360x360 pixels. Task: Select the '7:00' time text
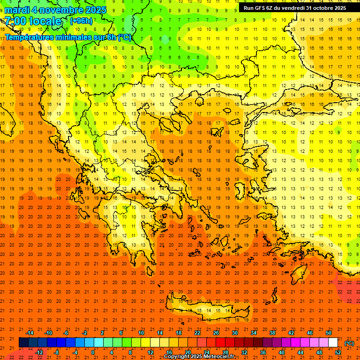pos(15,21)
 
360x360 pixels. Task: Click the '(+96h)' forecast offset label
pos(81,21)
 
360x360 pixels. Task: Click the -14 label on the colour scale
pos(30,333)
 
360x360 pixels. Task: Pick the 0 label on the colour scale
pos(93,352)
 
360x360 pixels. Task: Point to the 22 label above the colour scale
pos(197,333)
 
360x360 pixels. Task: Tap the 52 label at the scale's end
pos(338,352)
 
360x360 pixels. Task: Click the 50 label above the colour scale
pos(329,333)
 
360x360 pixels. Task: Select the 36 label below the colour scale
pos(262,352)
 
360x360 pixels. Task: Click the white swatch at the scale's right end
pos(333,343)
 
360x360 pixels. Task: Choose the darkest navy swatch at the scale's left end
pos(23,343)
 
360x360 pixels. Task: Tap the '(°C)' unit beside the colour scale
pos(349,343)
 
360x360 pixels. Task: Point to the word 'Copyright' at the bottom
pos(177,357)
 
